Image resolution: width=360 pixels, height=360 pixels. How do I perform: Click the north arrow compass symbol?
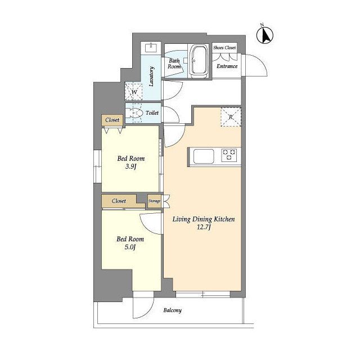coord(265,35)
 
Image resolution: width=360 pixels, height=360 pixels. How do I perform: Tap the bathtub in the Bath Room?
coord(199,60)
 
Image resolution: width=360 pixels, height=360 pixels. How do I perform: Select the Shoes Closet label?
coord(224,48)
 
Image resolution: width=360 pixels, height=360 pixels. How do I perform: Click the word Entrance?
coord(227,66)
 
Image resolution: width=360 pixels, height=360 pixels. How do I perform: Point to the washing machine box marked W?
coord(134,92)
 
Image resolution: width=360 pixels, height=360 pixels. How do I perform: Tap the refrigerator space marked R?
coord(231,117)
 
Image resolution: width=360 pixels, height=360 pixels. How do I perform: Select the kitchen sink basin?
coord(204,156)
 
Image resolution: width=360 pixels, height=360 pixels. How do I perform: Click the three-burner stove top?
coord(229,155)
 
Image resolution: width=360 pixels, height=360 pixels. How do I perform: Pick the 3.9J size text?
coord(131,166)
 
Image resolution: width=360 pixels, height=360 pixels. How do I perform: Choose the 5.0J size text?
coord(130,247)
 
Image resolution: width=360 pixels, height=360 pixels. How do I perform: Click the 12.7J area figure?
coord(204,227)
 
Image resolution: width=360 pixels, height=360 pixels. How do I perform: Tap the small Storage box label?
coord(154,201)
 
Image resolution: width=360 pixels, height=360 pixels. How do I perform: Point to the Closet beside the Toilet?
coord(112,120)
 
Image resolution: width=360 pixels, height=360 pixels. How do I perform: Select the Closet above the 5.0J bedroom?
coord(119,201)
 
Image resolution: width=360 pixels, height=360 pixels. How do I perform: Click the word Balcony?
coord(173,310)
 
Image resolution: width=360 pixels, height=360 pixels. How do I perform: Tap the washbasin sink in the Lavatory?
coord(151,47)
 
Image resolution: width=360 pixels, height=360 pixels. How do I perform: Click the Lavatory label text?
coord(151,76)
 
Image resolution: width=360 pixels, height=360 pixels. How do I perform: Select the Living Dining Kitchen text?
coord(204,219)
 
